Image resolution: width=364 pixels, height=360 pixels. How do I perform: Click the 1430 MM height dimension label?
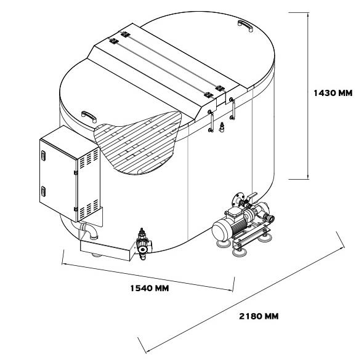[333, 93]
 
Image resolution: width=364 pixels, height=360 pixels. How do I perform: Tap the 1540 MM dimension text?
[149, 289]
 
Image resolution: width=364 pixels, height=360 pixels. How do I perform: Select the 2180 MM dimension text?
[259, 316]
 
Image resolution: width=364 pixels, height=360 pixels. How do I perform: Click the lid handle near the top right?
[245, 25]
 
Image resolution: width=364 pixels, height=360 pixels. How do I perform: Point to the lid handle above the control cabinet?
[89, 116]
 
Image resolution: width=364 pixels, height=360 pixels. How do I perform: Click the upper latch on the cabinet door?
[43, 155]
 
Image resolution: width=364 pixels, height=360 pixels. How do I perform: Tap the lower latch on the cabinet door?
[43, 191]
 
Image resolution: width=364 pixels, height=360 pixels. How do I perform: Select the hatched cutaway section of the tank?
[137, 143]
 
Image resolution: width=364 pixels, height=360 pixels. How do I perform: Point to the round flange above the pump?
[237, 199]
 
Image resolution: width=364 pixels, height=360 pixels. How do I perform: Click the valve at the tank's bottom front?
[142, 244]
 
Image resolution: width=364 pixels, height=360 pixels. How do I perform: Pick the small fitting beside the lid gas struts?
[222, 127]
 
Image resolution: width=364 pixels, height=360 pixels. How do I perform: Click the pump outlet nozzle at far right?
[270, 218]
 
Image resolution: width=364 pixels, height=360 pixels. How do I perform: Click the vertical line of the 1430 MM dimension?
[308, 96]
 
